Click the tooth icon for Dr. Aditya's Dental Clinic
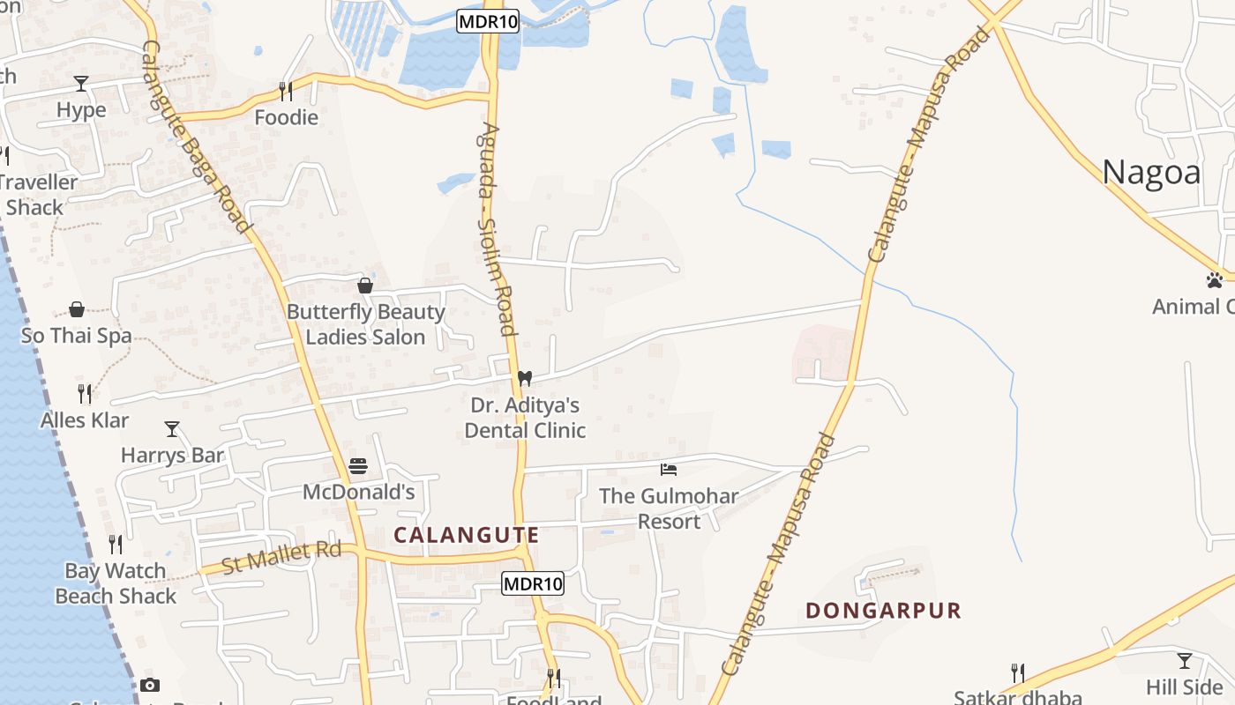tap(525, 378)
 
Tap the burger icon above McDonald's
tap(358, 465)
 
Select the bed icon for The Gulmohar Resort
tap(669, 469)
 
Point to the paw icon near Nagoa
tap(1215, 280)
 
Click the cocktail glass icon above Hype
tap(81, 84)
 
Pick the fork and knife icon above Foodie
tap(286, 91)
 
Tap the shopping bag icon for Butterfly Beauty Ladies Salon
tap(365, 286)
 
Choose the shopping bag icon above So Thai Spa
tap(77, 309)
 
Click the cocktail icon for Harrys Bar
tap(172, 429)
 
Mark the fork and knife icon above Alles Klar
tap(85, 393)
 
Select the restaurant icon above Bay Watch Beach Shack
tap(116, 545)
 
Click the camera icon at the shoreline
tap(150, 685)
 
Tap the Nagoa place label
tap(1151, 173)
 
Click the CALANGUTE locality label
tap(467, 535)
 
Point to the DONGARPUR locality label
tap(883, 610)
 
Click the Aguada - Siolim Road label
tap(496, 229)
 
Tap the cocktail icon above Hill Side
tap(1185, 660)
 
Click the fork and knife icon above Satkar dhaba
tap(1017, 672)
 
